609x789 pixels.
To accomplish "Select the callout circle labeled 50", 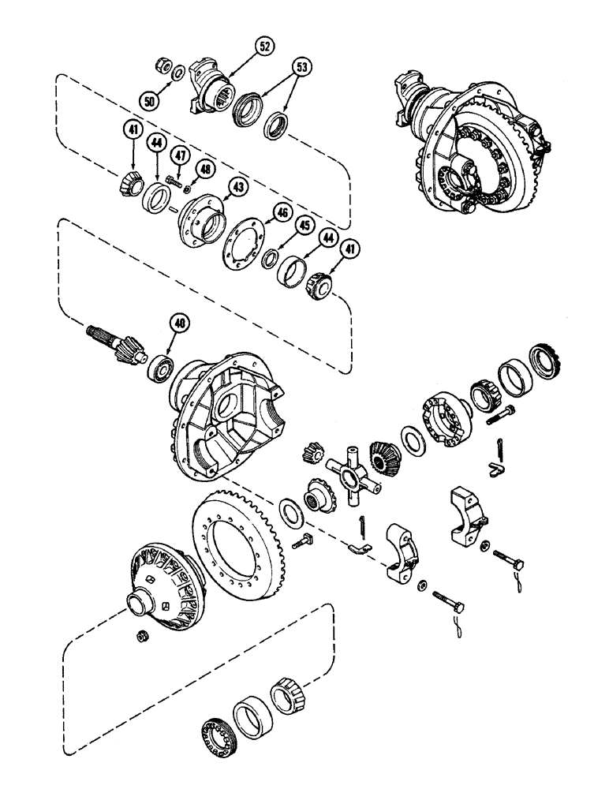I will [149, 100].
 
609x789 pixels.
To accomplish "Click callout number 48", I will [206, 168].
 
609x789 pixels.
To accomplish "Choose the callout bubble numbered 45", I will [302, 226].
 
